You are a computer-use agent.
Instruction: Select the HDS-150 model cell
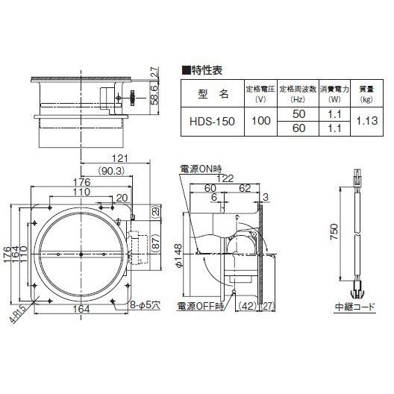(210, 121)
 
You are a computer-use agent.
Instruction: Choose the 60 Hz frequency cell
(298, 129)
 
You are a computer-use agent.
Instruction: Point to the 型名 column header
(211, 94)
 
